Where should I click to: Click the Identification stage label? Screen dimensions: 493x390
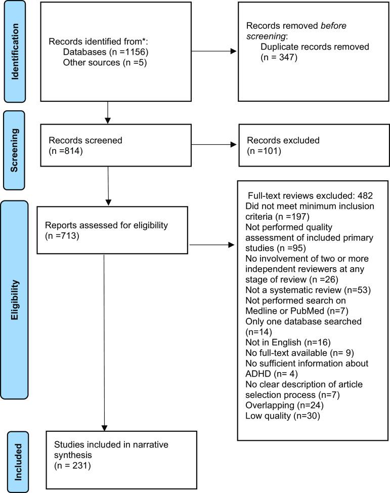click(16, 50)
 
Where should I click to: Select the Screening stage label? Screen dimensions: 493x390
click(16, 144)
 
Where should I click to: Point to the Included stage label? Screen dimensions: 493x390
click(16, 460)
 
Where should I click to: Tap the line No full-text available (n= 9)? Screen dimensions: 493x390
click(295, 353)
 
